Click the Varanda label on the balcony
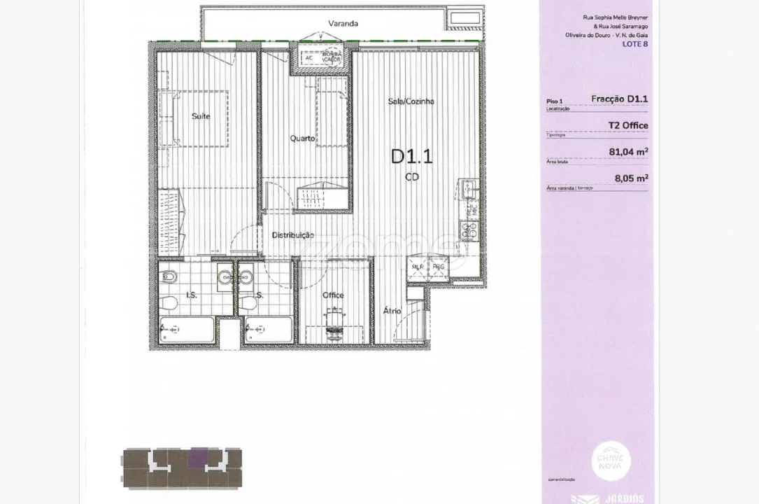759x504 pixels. (343, 23)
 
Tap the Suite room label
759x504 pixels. (201, 116)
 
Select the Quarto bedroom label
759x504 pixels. (302, 139)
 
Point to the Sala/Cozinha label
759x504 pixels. (411, 101)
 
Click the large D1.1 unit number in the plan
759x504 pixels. (411, 155)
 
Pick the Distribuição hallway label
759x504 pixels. (292, 235)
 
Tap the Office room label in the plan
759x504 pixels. (333, 295)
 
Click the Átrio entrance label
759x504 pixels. (392, 309)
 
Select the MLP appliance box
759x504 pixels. (418, 267)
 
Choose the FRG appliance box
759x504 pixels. (438, 267)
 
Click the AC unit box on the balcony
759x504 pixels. (309, 58)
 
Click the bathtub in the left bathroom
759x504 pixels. (185, 329)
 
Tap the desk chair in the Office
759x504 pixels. (334, 320)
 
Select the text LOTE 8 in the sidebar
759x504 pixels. (634, 43)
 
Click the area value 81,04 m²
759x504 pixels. (628, 150)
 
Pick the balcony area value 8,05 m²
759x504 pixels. (631, 178)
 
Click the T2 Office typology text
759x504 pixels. (628, 125)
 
